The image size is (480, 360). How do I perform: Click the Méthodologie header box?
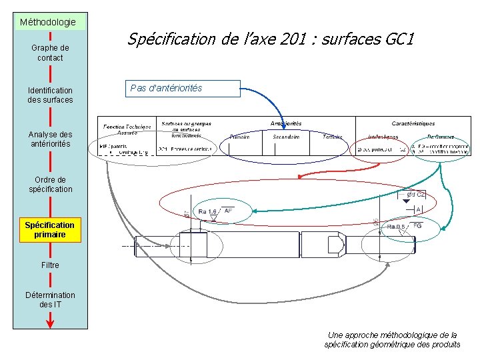coord(47,22)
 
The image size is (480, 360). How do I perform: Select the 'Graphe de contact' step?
coord(50,53)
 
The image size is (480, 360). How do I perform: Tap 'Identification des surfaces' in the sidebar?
coord(50,95)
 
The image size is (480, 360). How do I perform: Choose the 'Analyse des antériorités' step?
coord(50,139)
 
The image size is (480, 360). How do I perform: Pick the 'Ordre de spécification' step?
coord(50,184)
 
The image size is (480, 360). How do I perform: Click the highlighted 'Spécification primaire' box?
coord(50,229)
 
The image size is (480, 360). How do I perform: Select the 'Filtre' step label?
coord(50,265)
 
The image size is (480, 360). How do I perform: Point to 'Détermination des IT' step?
coord(50,299)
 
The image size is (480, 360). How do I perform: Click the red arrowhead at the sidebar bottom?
coord(50,323)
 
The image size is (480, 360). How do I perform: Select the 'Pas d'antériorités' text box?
coord(182,88)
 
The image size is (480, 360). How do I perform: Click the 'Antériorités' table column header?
coord(286,123)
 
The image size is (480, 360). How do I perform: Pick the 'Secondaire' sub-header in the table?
coord(286,137)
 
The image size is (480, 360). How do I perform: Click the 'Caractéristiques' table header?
coord(413,123)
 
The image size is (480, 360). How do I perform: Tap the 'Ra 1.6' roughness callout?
coord(207,212)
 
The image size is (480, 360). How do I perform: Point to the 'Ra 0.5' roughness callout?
coord(395,227)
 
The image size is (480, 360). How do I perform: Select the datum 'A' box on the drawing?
coord(419,209)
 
